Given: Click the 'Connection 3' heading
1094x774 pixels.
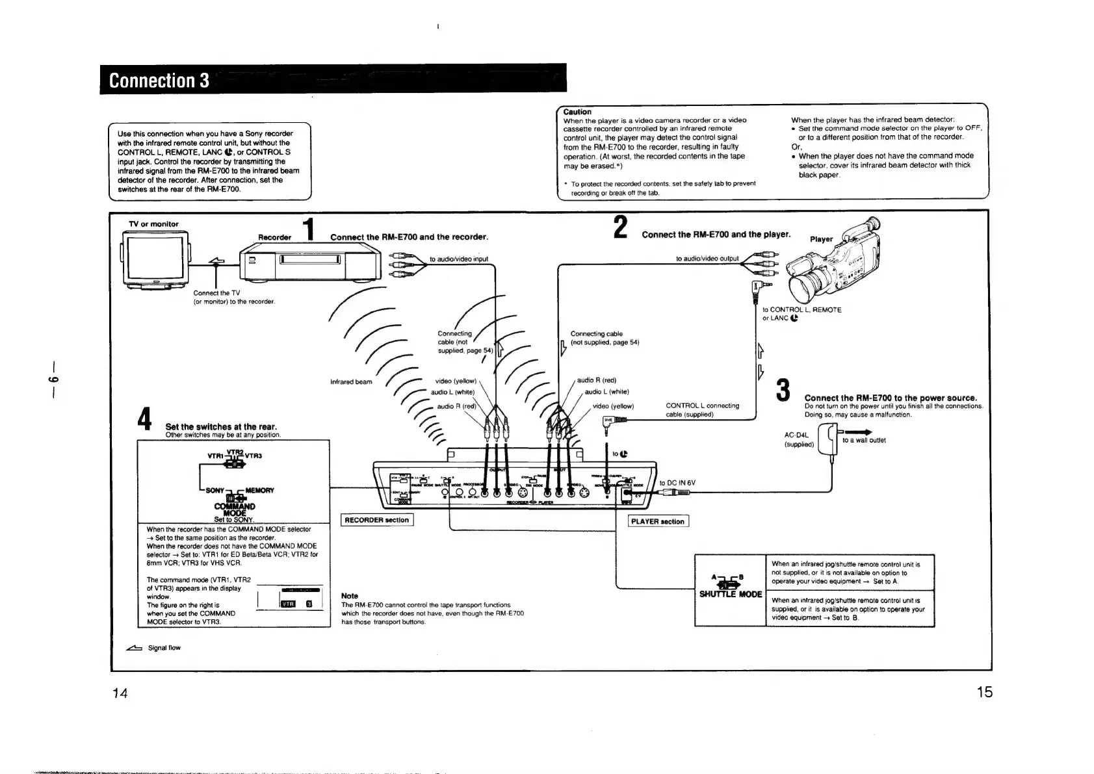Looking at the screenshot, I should click(x=159, y=80).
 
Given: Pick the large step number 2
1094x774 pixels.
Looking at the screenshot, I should click(x=620, y=228).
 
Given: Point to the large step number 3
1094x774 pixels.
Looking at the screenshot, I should click(x=783, y=391).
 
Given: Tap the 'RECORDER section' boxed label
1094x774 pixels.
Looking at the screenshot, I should click(x=377, y=520).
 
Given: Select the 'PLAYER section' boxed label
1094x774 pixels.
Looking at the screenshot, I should click(x=658, y=521).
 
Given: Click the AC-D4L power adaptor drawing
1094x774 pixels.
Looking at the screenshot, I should click(x=827, y=440).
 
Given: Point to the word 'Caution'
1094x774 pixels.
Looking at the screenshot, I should click(x=577, y=112).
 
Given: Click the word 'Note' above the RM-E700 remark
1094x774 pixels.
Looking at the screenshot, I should click(x=350, y=596).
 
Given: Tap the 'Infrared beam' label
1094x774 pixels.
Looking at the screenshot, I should click(x=351, y=381).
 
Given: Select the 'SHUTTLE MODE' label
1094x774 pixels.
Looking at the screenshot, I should click(x=730, y=594).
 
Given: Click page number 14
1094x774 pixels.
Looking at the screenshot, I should click(x=120, y=693).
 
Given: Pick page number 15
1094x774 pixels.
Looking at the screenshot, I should click(x=984, y=692).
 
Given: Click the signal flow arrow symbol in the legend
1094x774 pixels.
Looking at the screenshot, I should click(x=135, y=648).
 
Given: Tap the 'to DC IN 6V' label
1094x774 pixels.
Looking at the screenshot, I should click(x=677, y=483).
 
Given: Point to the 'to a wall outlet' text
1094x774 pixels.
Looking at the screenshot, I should click(x=864, y=441).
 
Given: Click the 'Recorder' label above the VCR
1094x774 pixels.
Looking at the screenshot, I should click(x=274, y=237).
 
